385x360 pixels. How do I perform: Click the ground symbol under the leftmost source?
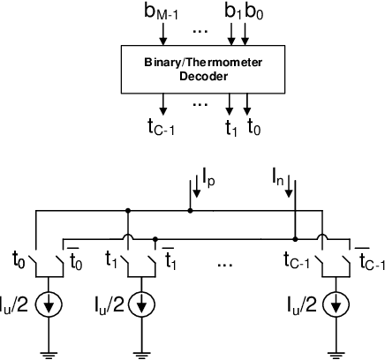click(49, 352)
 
